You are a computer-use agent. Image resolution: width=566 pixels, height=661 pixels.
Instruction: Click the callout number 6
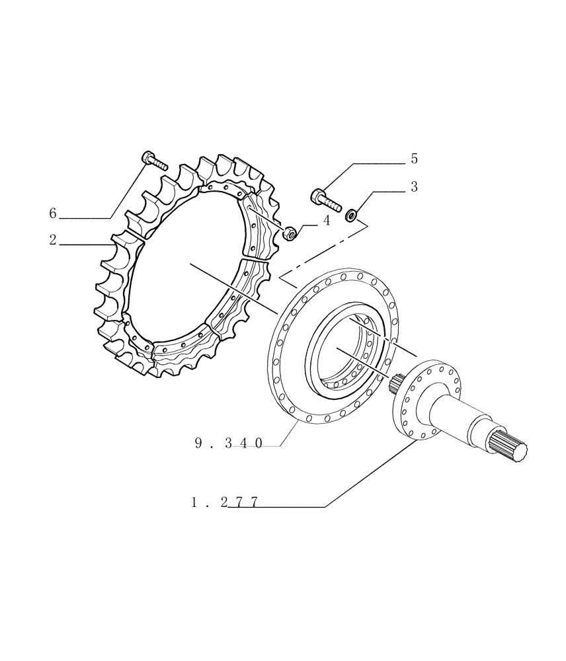[53, 213]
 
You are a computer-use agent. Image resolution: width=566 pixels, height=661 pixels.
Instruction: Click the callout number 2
[53, 240]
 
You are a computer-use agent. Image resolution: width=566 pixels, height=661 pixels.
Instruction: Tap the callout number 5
[414, 159]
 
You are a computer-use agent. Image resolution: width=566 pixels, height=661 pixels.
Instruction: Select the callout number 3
[414, 187]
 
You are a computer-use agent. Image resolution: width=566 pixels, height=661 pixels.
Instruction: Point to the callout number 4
[326, 221]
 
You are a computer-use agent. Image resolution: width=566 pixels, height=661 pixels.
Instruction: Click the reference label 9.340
[229, 444]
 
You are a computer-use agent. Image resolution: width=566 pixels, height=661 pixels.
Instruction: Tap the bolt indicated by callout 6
[155, 160]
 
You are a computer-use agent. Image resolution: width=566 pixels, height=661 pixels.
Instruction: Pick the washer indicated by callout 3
[352, 214]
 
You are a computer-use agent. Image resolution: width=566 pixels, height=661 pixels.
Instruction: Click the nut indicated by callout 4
[288, 233]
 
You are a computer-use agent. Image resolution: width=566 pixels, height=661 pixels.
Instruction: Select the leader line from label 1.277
[370, 475]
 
